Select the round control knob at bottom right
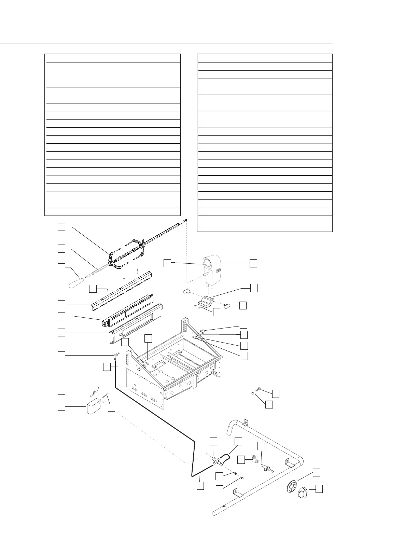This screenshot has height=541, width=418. tap(303, 493)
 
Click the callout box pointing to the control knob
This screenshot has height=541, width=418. tap(319, 489)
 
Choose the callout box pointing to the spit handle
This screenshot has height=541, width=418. tap(61, 267)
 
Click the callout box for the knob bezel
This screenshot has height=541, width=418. tap(317, 472)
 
